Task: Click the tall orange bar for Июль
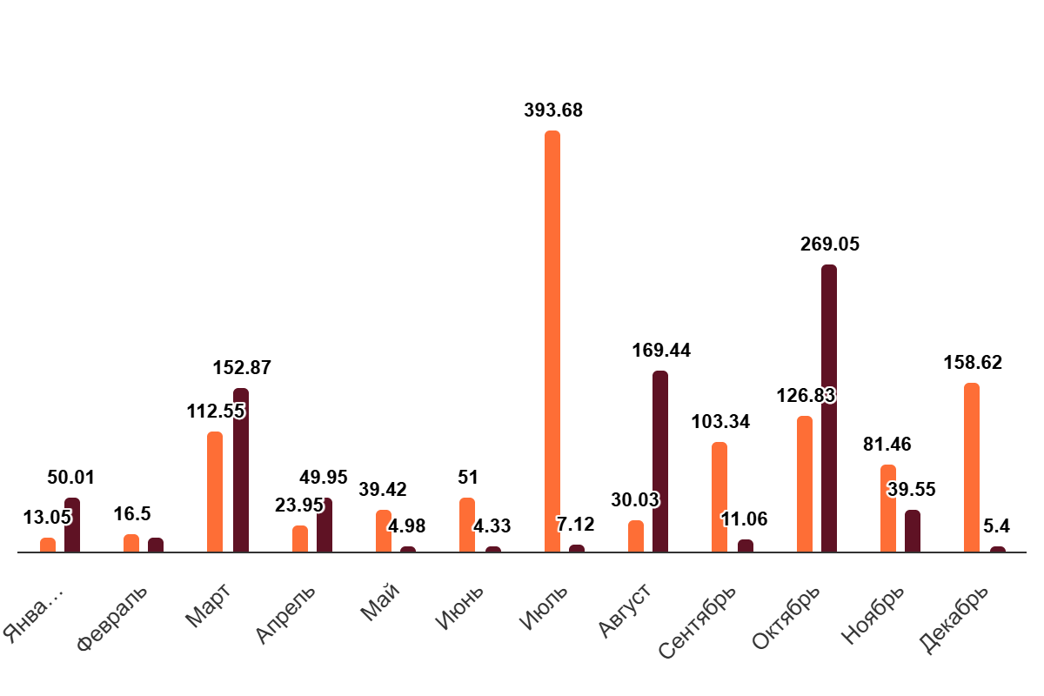click(552, 341)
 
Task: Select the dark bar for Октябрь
click(829, 408)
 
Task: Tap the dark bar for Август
click(660, 461)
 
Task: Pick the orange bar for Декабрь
click(972, 467)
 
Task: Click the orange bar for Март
click(215, 492)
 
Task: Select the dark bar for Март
click(241, 470)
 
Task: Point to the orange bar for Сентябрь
click(719, 497)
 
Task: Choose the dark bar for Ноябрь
click(913, 531)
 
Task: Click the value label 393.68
click(553, 110)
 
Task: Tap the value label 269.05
click(830, 244)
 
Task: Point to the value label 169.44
click(661, 351)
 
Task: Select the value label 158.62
click(973, 363)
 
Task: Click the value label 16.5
click(132, 514)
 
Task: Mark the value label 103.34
click(720, 422)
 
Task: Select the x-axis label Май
click(380, 601)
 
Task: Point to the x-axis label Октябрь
click(786, 619)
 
